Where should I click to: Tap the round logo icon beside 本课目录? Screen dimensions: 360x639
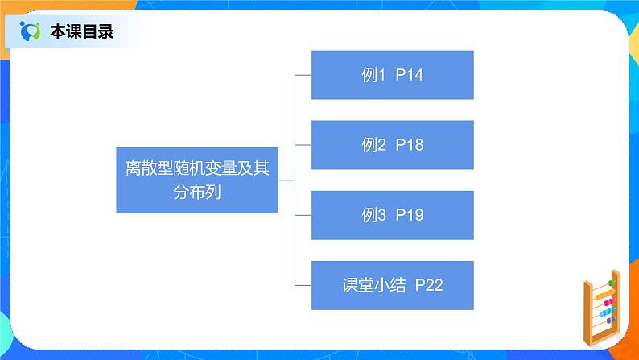[x=31, y=32]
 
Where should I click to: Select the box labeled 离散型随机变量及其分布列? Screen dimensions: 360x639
[x=196, y=180]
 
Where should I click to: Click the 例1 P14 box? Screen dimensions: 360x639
[x=392, y=75]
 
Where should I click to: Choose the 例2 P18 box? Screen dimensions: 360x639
[x=392, y=145]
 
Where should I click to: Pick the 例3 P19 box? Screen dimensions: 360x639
[x=392, y=215]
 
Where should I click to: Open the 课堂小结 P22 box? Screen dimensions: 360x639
[x=392, y=285]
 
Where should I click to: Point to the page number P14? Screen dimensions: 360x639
[x=409, y=76]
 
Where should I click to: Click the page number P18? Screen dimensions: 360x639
[x=409, y=146]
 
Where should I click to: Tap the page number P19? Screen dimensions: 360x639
[x=409, y=216]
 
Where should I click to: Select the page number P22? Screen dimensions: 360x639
[x=429, y=286]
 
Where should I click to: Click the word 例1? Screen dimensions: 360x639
[x=373, y=76]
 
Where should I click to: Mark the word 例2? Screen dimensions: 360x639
[x=373, y=146]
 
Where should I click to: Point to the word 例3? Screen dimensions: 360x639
[x=373, y=216]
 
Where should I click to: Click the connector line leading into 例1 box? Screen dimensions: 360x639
[x=303, y=76]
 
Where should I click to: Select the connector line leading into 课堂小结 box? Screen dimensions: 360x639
[x=303, y=286]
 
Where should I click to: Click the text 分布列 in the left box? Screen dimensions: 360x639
[x=150, y=193]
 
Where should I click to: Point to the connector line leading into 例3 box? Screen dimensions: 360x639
[x=303, y=216]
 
